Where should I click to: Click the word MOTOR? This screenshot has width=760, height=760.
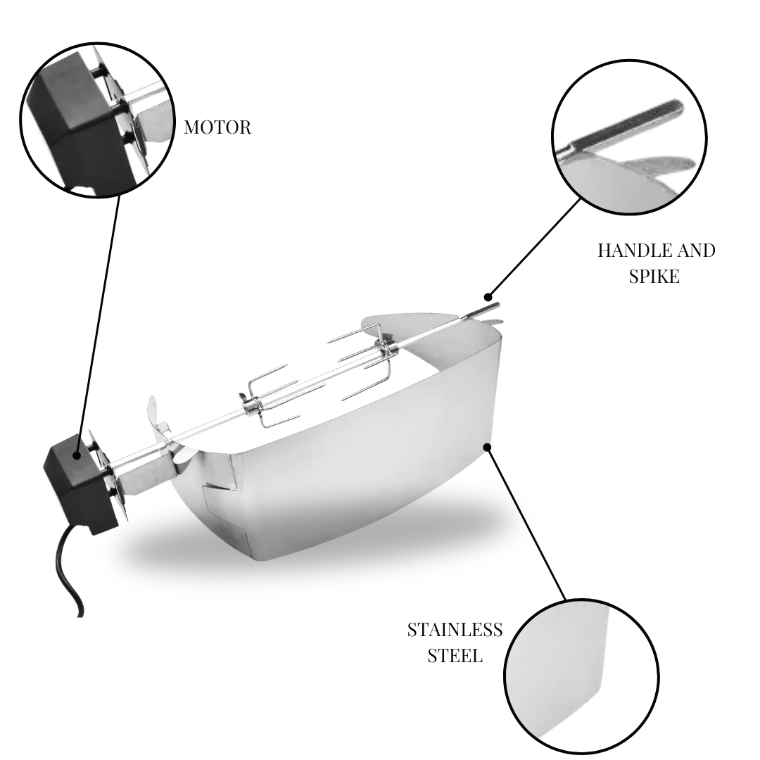(217, 127)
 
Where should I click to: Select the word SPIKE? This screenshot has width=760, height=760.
(654, 277)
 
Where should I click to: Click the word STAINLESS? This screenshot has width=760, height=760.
(455, 630)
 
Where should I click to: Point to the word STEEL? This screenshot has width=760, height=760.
(455, 656)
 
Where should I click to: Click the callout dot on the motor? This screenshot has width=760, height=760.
(77, 455)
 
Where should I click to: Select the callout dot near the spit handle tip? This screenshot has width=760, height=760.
(488, 297)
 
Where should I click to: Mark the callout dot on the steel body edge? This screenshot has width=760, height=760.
(488, 446)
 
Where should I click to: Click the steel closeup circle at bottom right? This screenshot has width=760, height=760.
(581, 676)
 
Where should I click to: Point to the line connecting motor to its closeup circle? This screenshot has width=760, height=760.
(98, 325)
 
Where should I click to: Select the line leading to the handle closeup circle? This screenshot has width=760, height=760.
(534, 248)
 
